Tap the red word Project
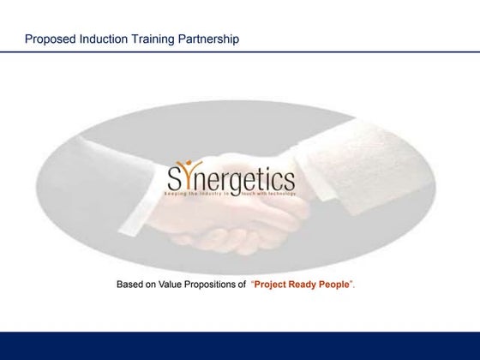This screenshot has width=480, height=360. (x=273, y=282)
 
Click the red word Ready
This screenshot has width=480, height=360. (x=309, y=282)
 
